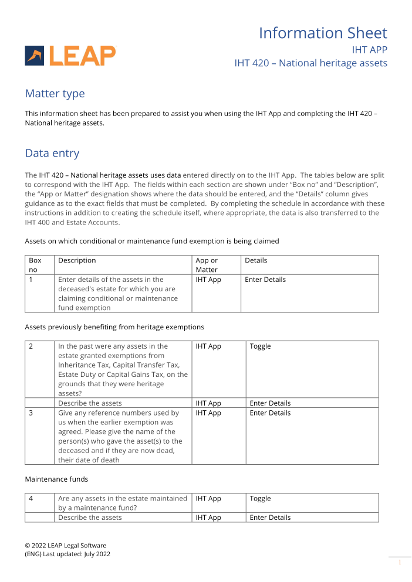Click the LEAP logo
(70, 55)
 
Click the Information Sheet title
(323, 33)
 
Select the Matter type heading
(55, 94)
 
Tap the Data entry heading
(52, 154)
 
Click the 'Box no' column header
(35, 265)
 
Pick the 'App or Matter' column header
(207, 265)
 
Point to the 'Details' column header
(256, 260)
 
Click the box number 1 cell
(31, 280)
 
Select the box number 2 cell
(31, 346)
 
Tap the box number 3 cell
(31, 413)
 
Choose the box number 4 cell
(31, 499)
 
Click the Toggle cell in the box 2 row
(260, 346)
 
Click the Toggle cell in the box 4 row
(260, 499)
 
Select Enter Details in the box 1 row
(265, 280)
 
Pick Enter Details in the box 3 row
(270, 413)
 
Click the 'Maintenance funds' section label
(56, 479)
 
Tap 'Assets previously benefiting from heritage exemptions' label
(114, 327)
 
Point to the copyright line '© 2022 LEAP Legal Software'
(65, 546)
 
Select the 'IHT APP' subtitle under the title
(369, 50)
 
